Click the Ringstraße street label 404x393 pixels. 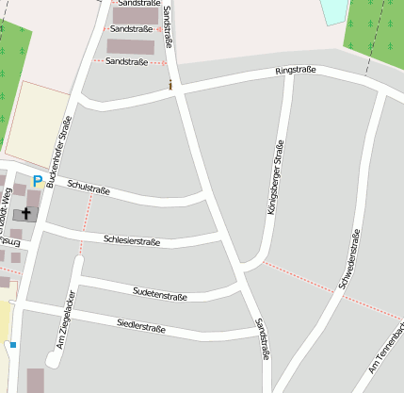click(x=295, y=71)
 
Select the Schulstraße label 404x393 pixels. click(x=89, y=188)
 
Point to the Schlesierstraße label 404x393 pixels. click(x=132, y=241)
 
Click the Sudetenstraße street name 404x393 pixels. click(x=160, y=295)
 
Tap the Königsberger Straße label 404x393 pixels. click(x=276, y=178)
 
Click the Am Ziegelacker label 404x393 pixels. click(x=65, y=327)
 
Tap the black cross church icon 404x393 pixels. click(x=26, y=214)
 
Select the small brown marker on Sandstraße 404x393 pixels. click(x=170, y=86)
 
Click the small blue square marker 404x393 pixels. click(x=13, y=345)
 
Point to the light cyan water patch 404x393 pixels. click(x=333, y=10)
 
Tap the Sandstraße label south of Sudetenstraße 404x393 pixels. click(x=262, y=339)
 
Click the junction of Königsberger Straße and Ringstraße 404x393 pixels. click(x=289, y=78)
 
